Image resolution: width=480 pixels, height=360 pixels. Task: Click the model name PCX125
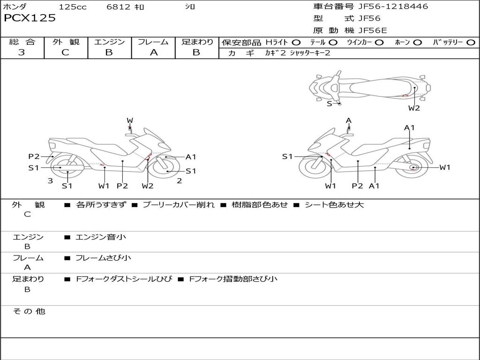30,18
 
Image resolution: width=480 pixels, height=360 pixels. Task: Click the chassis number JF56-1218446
393,6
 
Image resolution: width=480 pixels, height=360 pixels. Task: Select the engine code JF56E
373,30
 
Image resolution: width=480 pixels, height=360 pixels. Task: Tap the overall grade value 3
22,52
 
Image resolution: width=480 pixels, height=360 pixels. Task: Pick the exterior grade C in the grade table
65,52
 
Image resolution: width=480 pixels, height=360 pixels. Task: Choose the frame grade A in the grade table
154,52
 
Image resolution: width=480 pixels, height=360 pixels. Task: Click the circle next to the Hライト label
296,43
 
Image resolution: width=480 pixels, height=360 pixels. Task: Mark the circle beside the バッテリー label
471,43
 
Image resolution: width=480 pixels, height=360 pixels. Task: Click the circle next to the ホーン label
417,43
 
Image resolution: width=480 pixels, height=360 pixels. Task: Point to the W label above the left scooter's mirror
130,120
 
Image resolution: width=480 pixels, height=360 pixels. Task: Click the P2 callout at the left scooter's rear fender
34,157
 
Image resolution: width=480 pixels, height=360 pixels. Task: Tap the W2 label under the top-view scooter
414,108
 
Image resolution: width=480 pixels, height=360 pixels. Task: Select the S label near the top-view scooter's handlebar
330,104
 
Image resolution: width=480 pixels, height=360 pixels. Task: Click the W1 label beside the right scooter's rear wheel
445,167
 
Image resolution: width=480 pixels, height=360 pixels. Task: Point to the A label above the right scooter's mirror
349,120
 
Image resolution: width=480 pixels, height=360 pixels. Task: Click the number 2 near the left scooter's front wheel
180,181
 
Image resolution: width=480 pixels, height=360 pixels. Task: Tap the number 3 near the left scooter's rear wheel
51,181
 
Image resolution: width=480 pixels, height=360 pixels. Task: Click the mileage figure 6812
119,7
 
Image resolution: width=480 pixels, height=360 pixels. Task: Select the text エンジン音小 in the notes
100,237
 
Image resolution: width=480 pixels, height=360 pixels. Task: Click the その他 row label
29,311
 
